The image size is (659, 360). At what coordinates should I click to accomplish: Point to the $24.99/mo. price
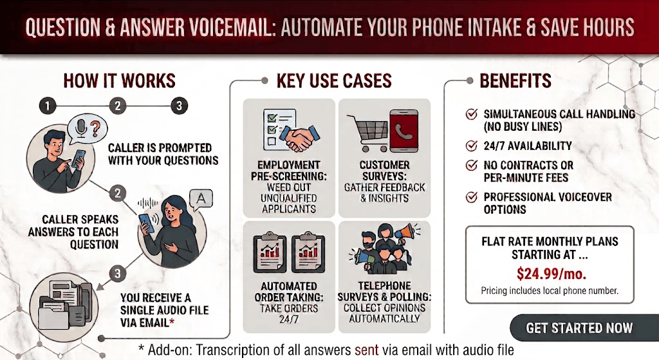pos(552,274)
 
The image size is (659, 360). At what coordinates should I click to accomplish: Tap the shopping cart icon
pos(366,133)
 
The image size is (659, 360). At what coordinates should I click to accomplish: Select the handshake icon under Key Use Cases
pos(299,138)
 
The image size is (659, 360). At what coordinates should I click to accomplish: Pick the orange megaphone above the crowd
pos(404,231)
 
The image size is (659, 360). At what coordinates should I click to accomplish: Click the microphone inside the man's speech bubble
pos(81,127)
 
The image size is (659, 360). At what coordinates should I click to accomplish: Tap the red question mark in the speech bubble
pos(95,128)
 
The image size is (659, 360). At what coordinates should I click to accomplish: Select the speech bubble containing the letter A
pos(201,200)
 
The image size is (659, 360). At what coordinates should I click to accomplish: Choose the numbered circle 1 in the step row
pos(48,106)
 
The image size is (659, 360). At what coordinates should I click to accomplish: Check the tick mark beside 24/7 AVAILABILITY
pos(472,146)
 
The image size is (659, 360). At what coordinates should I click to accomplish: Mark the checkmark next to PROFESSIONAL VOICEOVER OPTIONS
pos(472,197)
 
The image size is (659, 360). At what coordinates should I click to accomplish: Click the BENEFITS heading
pos(515,81)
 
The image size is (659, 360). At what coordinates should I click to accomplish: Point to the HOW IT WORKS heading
pos(119,81)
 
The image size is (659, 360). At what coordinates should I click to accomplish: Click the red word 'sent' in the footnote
pos(366,350)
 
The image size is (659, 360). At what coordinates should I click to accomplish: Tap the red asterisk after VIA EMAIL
pos(171,322)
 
